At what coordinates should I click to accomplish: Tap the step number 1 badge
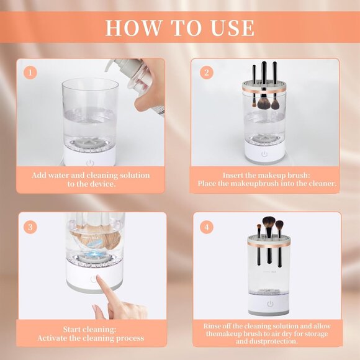pos(29,72)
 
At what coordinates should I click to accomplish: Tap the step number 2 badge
pos(206,72)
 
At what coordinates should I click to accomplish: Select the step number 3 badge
pos(29,227)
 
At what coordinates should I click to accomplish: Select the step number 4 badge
pos(206,227)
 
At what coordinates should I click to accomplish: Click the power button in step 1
pos(91,163)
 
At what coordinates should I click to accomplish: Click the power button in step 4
pos(269,304)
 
